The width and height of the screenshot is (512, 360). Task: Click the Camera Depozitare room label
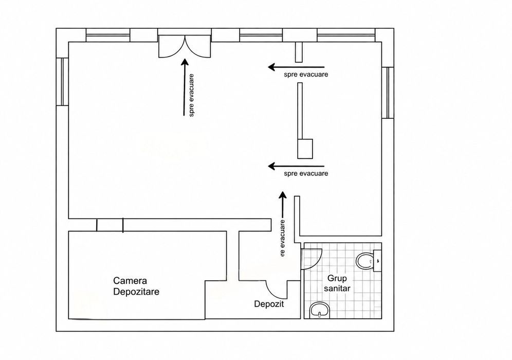136,286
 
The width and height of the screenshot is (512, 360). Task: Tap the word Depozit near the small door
269,304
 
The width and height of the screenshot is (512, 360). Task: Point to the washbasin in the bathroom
320,310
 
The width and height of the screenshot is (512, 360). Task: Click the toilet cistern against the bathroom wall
377,261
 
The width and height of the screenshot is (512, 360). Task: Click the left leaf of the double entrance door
172,47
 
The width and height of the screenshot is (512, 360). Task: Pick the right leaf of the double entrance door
198,47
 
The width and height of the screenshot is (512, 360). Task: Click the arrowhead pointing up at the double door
185,62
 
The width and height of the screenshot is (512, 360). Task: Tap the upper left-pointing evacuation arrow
296,67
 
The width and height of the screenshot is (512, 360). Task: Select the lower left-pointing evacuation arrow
296,166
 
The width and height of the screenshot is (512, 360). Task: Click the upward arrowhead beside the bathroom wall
282,195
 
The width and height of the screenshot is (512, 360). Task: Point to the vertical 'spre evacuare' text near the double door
191,95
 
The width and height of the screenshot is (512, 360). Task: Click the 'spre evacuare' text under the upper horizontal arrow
306,75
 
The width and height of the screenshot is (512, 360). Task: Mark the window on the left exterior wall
62,82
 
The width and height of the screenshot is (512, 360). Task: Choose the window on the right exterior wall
388,93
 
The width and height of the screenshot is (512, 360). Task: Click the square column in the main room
305,149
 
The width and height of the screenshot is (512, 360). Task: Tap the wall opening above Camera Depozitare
109,225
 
